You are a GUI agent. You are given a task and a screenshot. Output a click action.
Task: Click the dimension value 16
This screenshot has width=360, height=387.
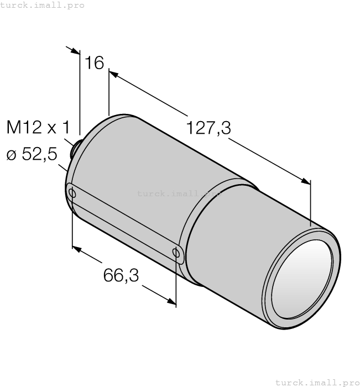click(x=95, y=63)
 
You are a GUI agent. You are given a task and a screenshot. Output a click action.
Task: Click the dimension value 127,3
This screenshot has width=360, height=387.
click(x=208, y=128)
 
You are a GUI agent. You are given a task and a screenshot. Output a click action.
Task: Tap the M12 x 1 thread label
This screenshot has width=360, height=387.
click(x=38, y=128)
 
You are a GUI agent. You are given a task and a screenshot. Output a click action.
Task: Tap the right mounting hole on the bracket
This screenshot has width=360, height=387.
click(x=176, y=253)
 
